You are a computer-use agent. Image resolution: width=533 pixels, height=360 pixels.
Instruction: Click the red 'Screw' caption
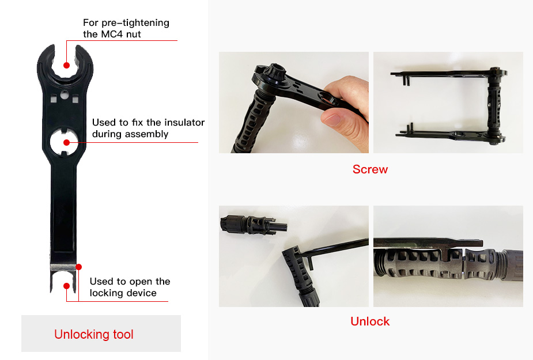tap(370, 169)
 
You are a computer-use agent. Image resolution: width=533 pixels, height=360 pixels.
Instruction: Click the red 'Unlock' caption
tap(370, 321)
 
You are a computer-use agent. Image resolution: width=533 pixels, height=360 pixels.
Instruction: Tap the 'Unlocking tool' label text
tap(94, 334)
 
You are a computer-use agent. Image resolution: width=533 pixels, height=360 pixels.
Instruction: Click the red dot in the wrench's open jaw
tap(66, 65)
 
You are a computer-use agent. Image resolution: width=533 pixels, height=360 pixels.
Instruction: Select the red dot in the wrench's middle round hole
tap(66, 142)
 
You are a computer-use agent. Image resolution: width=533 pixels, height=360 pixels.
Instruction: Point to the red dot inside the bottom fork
tap(67, 285)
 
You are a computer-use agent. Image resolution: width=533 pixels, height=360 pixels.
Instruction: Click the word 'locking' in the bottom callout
tap(106, 293)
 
